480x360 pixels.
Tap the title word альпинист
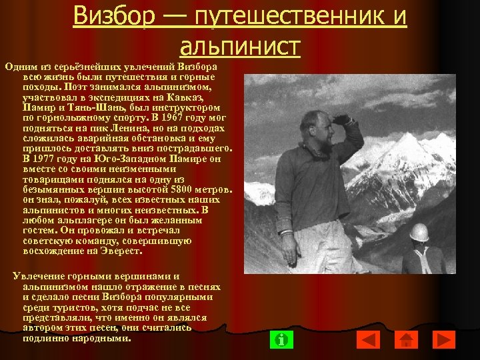point(240,47)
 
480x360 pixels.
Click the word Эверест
point(121,251)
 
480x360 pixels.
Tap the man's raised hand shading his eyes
point(344,120)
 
